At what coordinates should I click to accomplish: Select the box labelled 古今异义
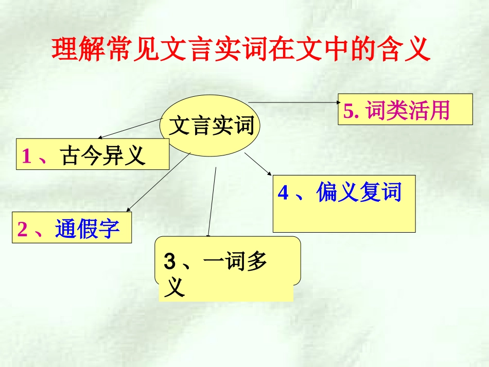pos(93,154)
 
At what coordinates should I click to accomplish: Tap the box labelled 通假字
pos(72,228)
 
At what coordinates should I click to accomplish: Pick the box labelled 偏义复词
pos(344,204)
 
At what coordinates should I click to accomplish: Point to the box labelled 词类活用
pos(405,109)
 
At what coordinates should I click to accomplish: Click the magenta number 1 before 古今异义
pos(26,156)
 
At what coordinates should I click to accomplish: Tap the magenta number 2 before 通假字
pos(22,229)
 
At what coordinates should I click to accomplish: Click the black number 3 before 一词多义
pos(170,262)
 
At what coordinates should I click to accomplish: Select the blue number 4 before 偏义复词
pos(283,193)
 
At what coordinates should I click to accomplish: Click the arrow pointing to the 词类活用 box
pos(293,102)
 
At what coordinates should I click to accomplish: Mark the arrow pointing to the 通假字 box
pos(157,182)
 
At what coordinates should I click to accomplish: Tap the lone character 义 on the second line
pos(174,288)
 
